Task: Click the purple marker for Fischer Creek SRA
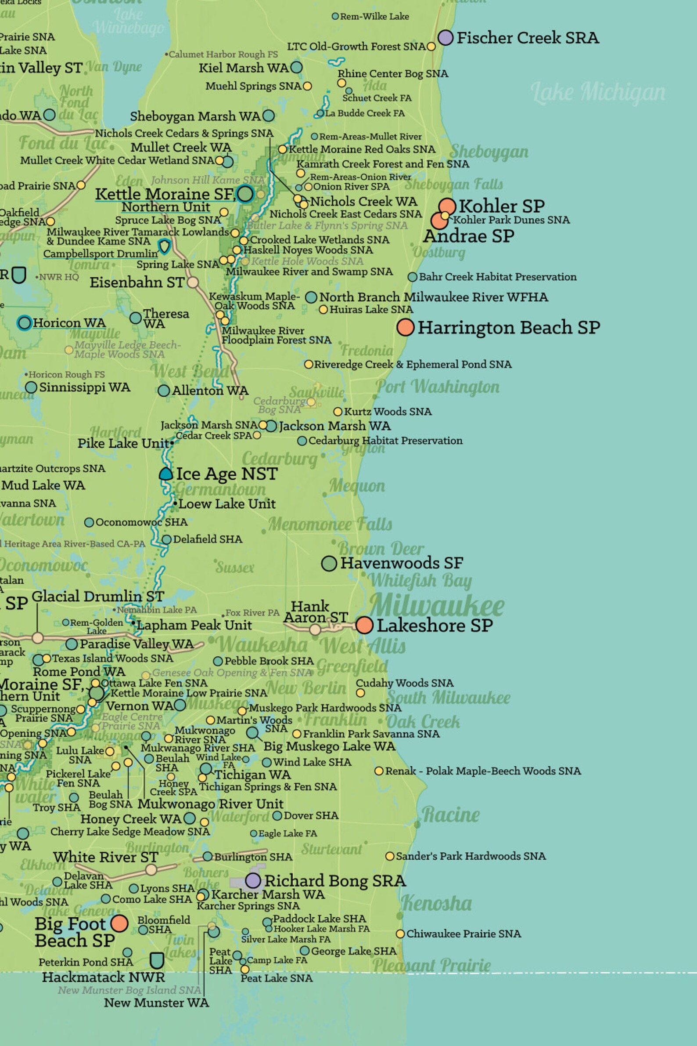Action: coord(446,38)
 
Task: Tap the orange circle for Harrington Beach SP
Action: coord(406,327)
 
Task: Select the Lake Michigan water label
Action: coord(598,92)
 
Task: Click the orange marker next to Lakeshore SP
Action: coord(364,625)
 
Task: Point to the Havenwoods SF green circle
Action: coord(329,563)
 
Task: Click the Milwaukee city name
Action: coord(437,605)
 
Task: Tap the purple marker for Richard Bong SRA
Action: coord(253,880)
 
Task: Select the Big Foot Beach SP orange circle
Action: coord(119,923)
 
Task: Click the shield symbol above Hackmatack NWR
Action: coord(156,961)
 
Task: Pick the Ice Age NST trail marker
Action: coord(166,474)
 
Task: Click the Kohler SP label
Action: coord(501,206)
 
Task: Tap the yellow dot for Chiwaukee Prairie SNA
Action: coord(400,934)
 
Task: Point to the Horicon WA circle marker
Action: coord(25,322)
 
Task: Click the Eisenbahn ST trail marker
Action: coord(193,282)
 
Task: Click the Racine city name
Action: coord(450,814)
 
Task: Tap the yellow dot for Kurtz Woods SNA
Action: coord(338,412)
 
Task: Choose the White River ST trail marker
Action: coord(151,869)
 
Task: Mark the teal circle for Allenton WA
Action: coord(164,391)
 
